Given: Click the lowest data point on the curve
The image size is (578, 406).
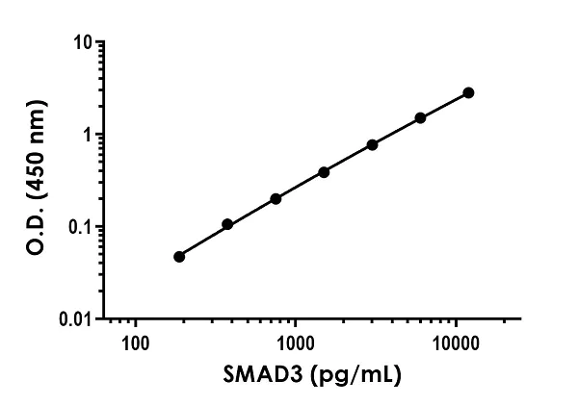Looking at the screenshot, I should [179, 257].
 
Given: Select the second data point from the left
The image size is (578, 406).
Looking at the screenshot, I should [227, 224].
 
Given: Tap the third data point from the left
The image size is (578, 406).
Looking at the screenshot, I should [276, 199].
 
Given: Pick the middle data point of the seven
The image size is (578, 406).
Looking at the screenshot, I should [324, 172].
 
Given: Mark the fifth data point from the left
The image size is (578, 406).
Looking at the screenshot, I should [372, 144].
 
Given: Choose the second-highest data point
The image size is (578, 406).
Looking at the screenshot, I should [420, 117].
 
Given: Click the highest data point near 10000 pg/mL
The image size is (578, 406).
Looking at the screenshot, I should [468, 92].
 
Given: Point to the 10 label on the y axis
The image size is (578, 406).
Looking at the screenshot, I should [84, 43].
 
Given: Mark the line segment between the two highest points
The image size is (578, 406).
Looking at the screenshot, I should [444, 105].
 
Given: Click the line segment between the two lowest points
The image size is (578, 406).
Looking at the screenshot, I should [203, 241].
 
